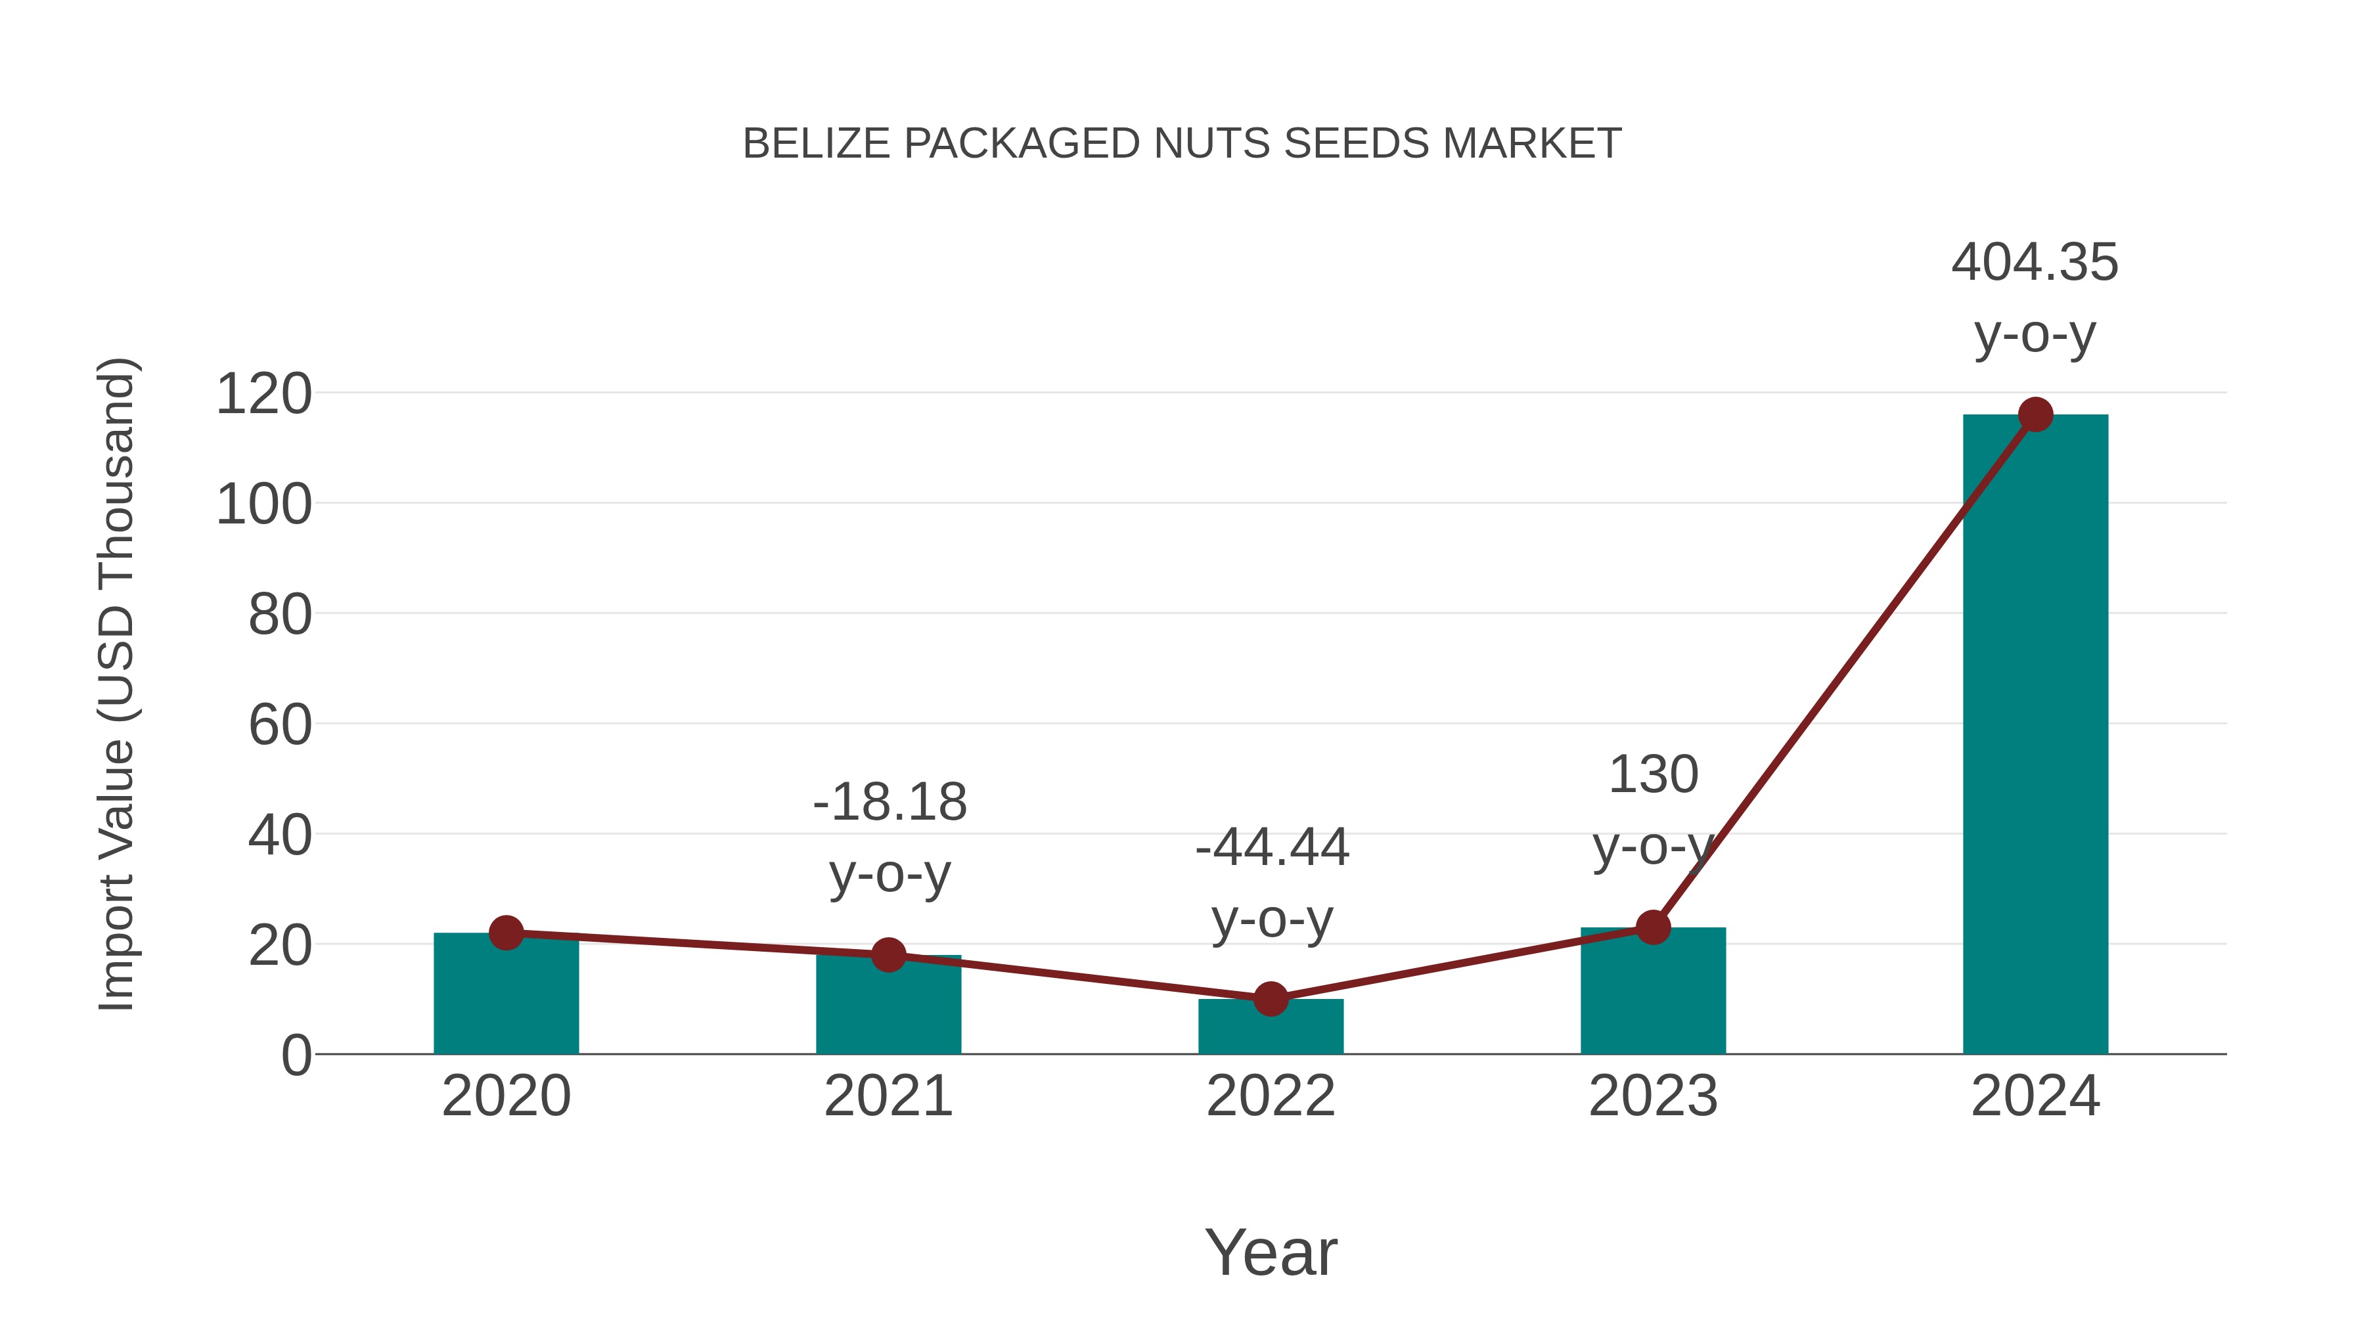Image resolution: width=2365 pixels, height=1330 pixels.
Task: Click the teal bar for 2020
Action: [506, 996]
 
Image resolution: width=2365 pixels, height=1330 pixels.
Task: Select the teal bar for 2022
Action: [1271, 1028]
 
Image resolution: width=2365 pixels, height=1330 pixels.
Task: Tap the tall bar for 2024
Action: [2035, 734]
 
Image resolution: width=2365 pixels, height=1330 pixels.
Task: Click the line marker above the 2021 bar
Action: [888, 954]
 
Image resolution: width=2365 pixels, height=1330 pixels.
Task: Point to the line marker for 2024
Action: [2035, 415]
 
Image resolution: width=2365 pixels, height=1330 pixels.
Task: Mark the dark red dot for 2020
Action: [506, 933]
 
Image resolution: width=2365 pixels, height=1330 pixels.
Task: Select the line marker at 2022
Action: [1271, 998]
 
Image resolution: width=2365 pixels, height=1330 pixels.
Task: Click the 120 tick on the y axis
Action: [263, 395]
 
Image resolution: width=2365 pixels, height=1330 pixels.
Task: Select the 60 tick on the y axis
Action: [280, 725]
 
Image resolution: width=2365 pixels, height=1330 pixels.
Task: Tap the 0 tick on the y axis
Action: [296, 1055]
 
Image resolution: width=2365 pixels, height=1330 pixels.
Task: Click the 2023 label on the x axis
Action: [1653, 1096]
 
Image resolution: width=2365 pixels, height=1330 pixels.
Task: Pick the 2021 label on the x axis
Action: [888, 1096]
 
